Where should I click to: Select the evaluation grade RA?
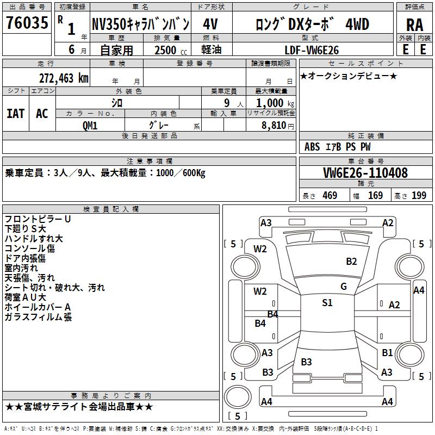point(414,24)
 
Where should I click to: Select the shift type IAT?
point(16,113)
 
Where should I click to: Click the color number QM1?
point(90,125)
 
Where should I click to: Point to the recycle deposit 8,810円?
point(277,125)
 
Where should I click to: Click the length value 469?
point(330,196)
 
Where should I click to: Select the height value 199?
point(419,196)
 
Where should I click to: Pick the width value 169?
point(375,196)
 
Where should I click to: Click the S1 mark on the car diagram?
point(327,303)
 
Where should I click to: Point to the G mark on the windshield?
point(343,287)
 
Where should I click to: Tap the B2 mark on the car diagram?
point(351,261)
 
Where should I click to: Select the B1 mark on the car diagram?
point(387,353)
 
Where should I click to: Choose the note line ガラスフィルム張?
point(38,317)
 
